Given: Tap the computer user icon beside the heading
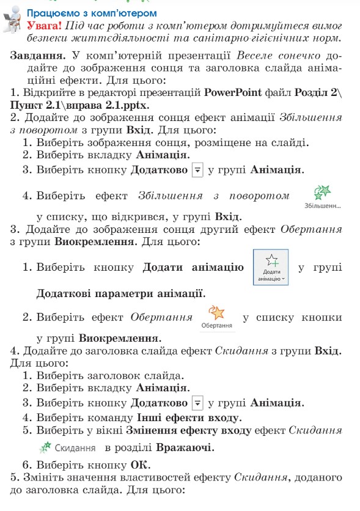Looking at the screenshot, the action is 12,22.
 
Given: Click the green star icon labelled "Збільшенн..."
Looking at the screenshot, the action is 321,193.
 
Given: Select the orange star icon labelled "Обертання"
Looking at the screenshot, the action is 217,314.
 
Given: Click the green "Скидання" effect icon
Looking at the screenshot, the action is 44,447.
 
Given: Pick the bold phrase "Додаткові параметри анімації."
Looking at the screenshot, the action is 121,294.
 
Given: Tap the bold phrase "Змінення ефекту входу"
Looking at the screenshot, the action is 194,430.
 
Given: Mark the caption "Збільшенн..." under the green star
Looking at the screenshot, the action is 322,205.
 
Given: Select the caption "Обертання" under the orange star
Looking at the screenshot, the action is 217,326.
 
